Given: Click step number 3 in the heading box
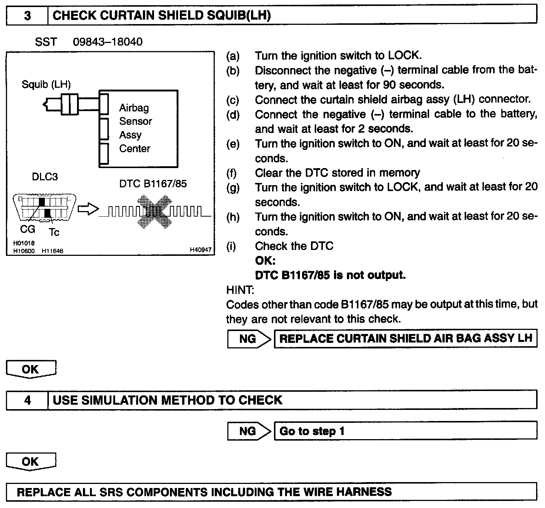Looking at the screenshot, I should pos(27,16).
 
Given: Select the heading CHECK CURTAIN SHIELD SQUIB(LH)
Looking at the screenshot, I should pos(162,16).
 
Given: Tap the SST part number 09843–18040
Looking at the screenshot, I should pos(107,41).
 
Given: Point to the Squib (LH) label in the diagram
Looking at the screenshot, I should pos(46,84).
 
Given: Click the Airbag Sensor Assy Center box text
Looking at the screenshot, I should pos(135,128).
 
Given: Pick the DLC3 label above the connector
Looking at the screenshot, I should pos(45,177).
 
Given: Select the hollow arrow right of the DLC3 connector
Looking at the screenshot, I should pos(88,210).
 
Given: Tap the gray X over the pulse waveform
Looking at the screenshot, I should pos(154,211).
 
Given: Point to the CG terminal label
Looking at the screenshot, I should pos(28,229).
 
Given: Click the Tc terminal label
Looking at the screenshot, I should pos(54,232).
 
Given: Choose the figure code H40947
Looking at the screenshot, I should pos(200,250).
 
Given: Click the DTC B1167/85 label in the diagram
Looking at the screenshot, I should pos(153,184).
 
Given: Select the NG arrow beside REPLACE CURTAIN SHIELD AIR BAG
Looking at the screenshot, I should pos(249,339).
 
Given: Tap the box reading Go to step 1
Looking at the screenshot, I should pos(405,431).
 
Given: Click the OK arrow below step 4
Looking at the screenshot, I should pos(31,462).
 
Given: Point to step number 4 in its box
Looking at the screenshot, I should pos(27,401).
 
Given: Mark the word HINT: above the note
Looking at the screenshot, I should pos(240,290).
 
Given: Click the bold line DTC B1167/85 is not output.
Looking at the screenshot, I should pos(330,275).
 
